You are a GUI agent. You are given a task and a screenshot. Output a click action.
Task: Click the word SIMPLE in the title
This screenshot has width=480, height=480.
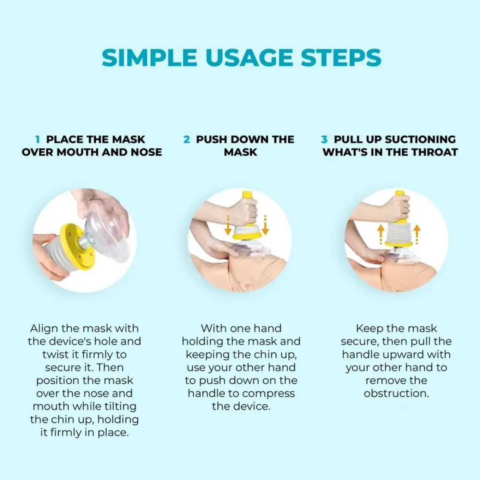(x=149, y=57)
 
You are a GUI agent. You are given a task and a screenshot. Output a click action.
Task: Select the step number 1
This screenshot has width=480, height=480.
(x=37, y=140)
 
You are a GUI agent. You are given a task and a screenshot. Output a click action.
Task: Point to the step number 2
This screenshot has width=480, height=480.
(x=187, y=140)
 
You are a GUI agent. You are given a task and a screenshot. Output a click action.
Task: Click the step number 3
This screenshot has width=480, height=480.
(x=324, y=140)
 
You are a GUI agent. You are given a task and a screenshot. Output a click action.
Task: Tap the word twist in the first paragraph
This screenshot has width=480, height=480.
(x=55, y=355)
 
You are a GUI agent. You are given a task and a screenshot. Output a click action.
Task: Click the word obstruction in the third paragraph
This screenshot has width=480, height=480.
(x=396, y=394)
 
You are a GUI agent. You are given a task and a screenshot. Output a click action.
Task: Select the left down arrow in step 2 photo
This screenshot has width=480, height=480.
(x=228, y=225)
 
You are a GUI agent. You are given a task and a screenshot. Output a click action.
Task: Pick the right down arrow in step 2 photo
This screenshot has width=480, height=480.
(x=265, y=225)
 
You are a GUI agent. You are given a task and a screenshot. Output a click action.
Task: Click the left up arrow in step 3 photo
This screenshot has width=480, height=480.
(x=380, y=235)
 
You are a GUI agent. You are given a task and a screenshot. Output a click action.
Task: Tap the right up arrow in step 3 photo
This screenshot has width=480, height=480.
(x=417, y=235)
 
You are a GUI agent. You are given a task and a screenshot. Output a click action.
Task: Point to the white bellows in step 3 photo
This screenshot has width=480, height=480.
(x=398, y=233)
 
